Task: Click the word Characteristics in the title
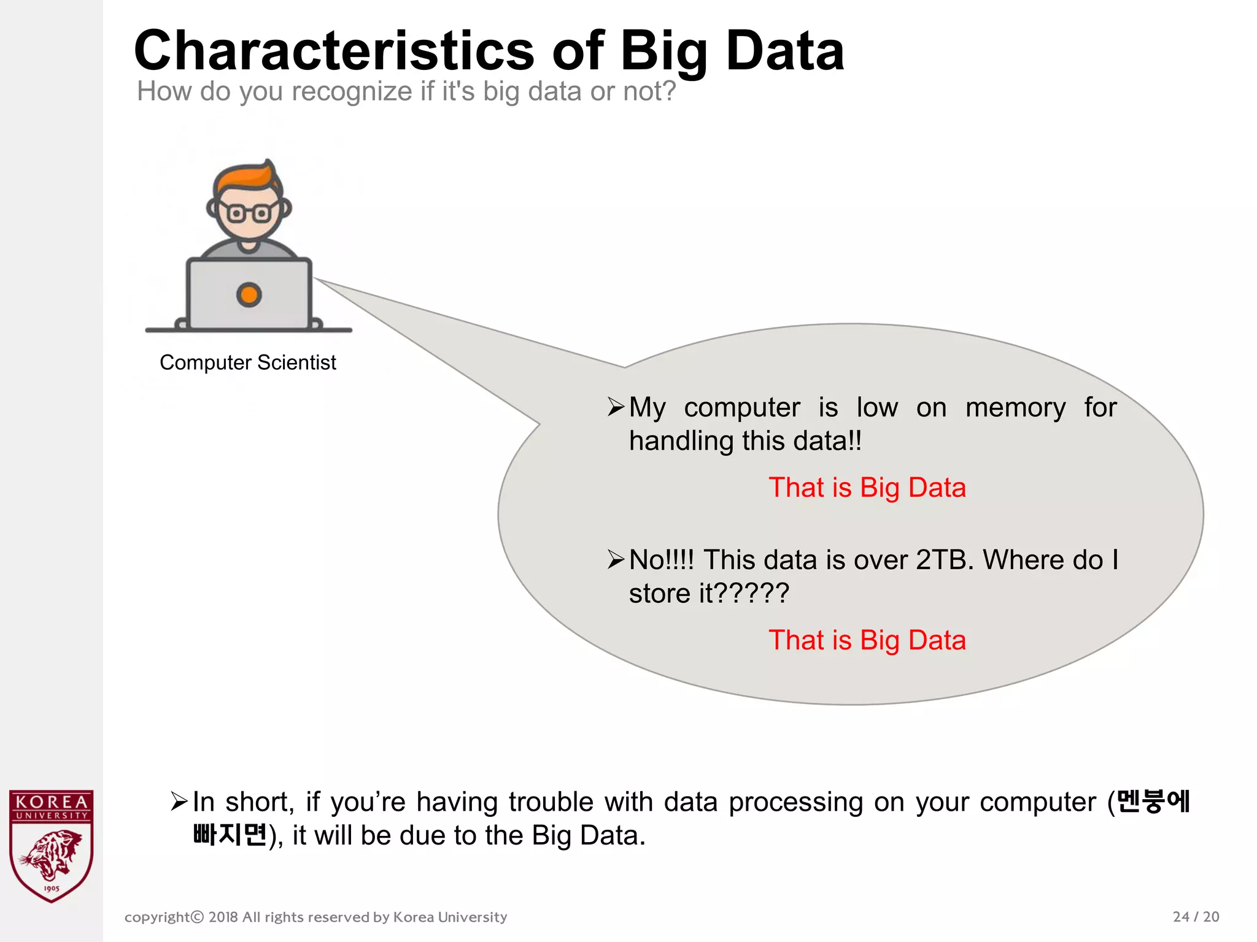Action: pyautogui.click(x=335, y=51)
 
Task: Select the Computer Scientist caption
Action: pyautogui.click(x=247, y=362)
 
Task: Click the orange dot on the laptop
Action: pyautogui.click(x=249, y=295)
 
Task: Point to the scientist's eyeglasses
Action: pyautogui.click(x=249, y=213)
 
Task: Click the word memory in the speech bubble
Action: pyautogui.click(x=1015, y=408)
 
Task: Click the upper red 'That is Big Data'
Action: pyautogui.click(x=867, y=488)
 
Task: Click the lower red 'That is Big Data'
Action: pyautogui.click(x=867, y=641)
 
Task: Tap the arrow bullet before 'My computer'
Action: pyautogui.click(x=616, y=407)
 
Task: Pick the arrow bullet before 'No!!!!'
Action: pyautogui.click(x=616, y=559)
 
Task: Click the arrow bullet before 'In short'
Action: pyautogui.click(x=179, y=801)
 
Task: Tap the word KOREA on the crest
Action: pyautogui.click(x=52, y=802)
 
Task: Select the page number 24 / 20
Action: pyautogui.click(x=1195, y=917)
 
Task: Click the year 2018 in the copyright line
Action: pyautogui.click(x=223, y=917)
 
